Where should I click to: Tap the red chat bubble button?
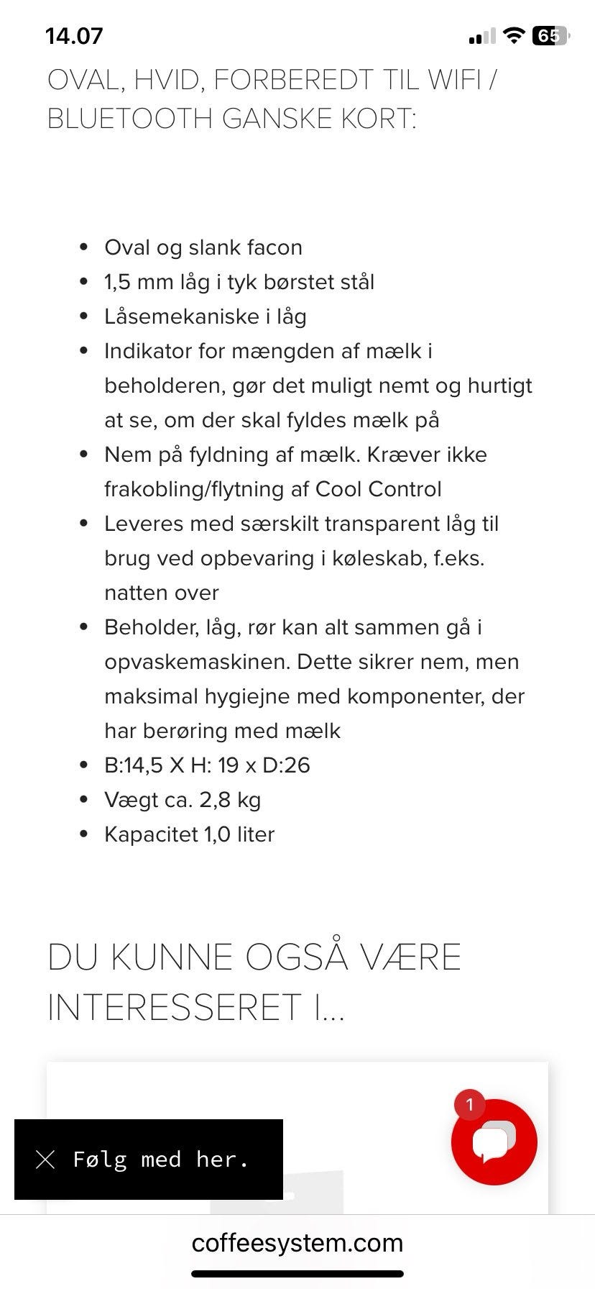coord(494,1142)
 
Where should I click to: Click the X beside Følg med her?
coord(45,1160)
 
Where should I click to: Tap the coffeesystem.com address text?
coord(297,1243)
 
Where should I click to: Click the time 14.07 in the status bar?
coord(74,36)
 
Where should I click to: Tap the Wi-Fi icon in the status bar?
coord(513,36)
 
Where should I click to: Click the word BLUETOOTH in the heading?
coord(129,119)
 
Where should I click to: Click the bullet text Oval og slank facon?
coord(203,247)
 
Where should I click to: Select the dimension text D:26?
coord(286,765)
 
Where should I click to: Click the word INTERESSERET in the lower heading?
coord(174,1007)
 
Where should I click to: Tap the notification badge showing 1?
coord(470,1105)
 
